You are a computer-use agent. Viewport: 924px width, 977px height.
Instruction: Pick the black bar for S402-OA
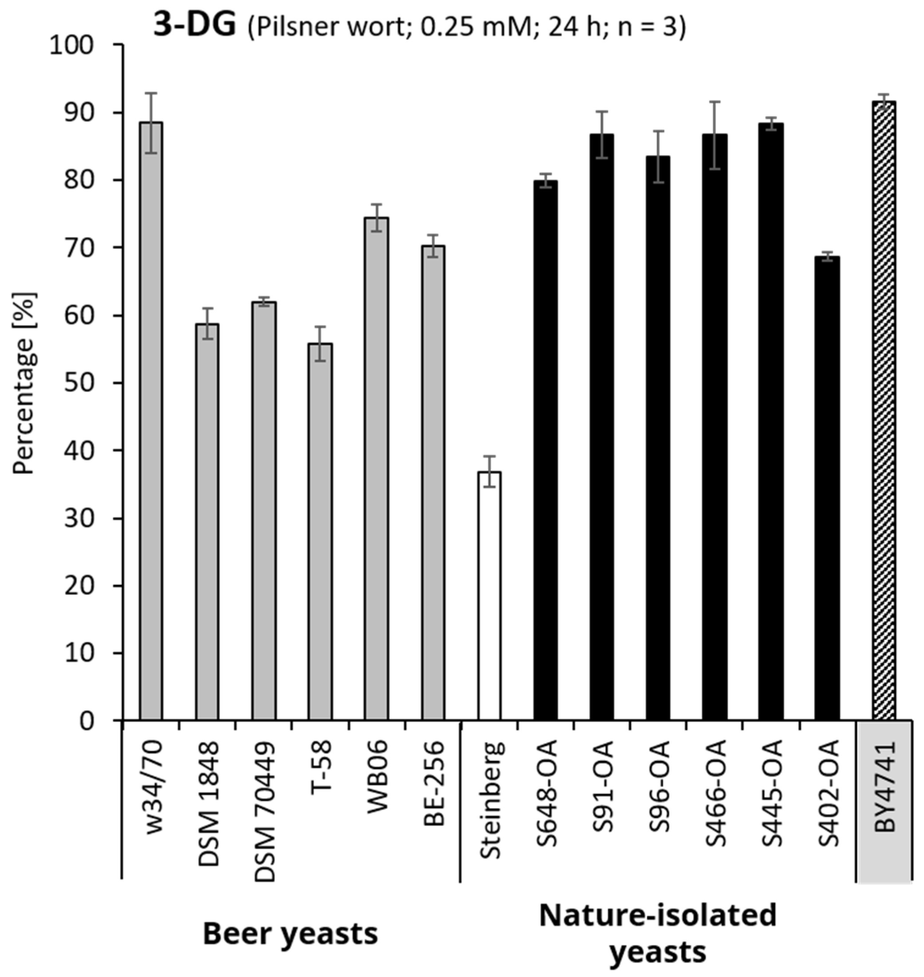(x=827, y=488)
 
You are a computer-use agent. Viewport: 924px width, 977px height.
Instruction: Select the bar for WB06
(x=376, y=468)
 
